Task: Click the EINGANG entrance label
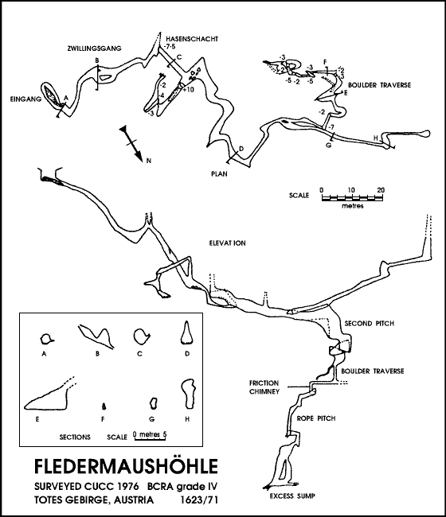pyautogui.click(x=25, y=99)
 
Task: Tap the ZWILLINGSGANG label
pyautogui.click(x=95, y=49)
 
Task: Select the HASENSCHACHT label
pyautogui.click(x=192, y=39)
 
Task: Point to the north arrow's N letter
pyautogui.click(x=149, y=161)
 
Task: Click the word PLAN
pyautogui.click(x=219, y=173)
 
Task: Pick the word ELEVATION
pyautogui.click(x=228, y=243)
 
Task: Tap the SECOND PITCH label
pyautogui.click(x=370, y=323)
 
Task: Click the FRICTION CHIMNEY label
pyautogui.click(x=264, y=387)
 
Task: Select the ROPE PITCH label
pyautogui.click(x=316, y=418)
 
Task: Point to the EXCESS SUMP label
pyautogui.click(x=292, y=496)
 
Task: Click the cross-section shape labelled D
pyautogui.click(x=187, y=332)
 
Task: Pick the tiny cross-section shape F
pyautogui.click(x=104, y=407)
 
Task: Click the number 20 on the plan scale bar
pyautogui.click(x=381, y=190)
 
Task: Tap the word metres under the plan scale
pyautogui.click(x=353, y=206)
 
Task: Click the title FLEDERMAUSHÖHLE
pyautogui.click(x=126, y=466)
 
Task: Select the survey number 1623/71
pyautogui.click(x=199, y=500)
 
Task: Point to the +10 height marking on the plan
pyautogui.click(x=188, y=90)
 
